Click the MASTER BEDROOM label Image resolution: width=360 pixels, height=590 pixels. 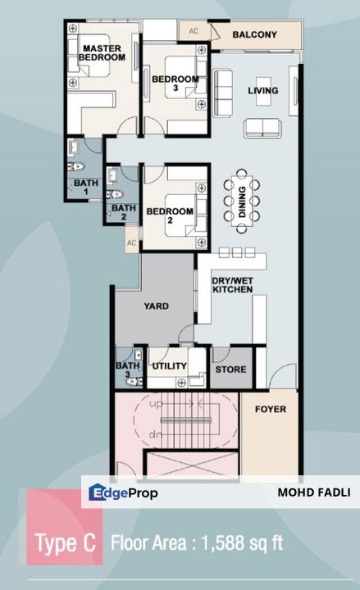[103, 54]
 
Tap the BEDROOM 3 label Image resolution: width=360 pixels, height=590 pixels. [175, 84]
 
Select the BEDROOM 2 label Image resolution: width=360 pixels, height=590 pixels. [170, 211]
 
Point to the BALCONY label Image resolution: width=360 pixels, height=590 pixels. [254, 35]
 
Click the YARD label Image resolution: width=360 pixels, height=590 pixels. [156, 306]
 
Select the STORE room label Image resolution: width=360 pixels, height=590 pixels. [230, 370]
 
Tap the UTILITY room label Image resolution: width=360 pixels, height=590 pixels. [169, 366]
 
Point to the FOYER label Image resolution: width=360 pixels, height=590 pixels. [270, 409]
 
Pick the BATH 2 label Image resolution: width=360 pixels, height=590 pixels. [123, 212]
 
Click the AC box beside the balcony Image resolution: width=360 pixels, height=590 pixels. [194, 31]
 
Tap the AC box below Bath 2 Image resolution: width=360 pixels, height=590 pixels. [130, 243]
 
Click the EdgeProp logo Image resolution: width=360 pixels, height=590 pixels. [124, 492]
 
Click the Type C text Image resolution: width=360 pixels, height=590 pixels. [65, 542]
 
